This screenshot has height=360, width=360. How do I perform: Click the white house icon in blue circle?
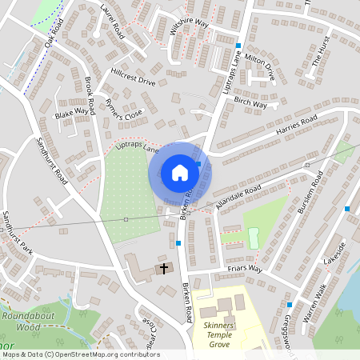point(180,172)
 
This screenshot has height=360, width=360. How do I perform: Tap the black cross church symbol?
point(165,268)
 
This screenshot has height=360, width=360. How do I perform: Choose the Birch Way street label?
point(250,102)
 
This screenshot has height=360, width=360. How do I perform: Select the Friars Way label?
point(245,270)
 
